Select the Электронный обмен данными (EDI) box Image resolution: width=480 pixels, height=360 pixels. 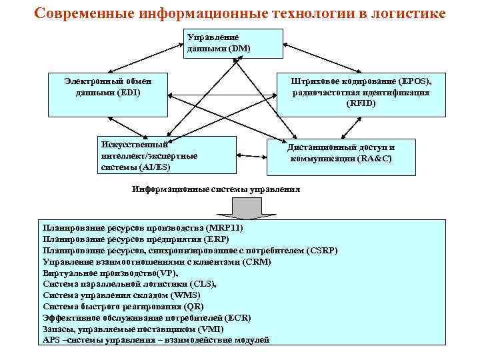point(109,95)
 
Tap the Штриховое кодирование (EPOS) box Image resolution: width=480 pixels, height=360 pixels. point(361,95)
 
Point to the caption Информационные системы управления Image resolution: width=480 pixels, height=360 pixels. point(216,189)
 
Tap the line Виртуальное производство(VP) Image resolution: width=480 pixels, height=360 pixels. point(111,273)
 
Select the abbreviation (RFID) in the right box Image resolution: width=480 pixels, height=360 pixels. point(361,104)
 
